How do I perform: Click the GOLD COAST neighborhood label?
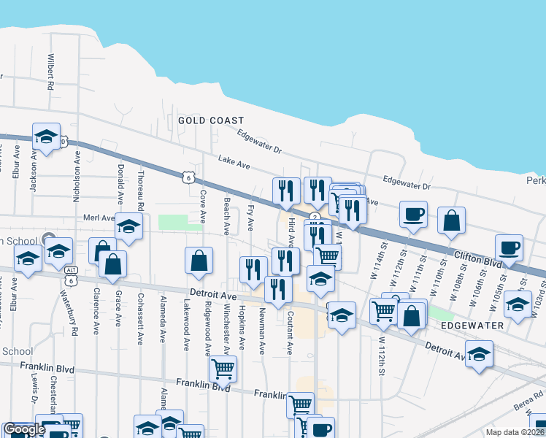(210, 120)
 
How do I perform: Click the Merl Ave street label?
(99, 218)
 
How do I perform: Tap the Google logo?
(24, 429)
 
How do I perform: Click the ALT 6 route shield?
(70, 280)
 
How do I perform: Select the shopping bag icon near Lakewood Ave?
(199, 261)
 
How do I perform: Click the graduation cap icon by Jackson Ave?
(46, 136)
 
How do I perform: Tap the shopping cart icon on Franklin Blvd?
(222, 369)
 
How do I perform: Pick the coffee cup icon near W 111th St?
(414, 215)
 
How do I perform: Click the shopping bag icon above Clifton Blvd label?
(452, 220)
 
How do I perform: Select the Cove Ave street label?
(201, 207)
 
